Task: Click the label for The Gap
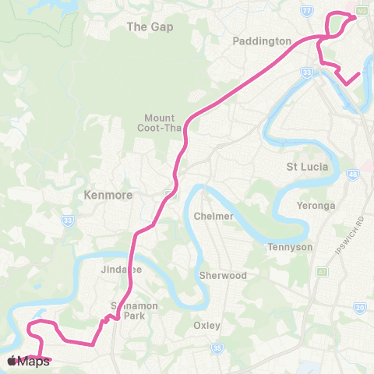pos(150,26)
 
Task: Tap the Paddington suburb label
pos(263,41)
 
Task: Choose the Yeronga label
pos(316,206)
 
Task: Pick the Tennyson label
pos(290,247)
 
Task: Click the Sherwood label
pos(223,276)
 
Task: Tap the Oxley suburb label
pos(207,325)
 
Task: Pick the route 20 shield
pos(359,308)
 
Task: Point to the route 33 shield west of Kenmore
pos(68,221)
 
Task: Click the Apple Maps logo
pos(28,361)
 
